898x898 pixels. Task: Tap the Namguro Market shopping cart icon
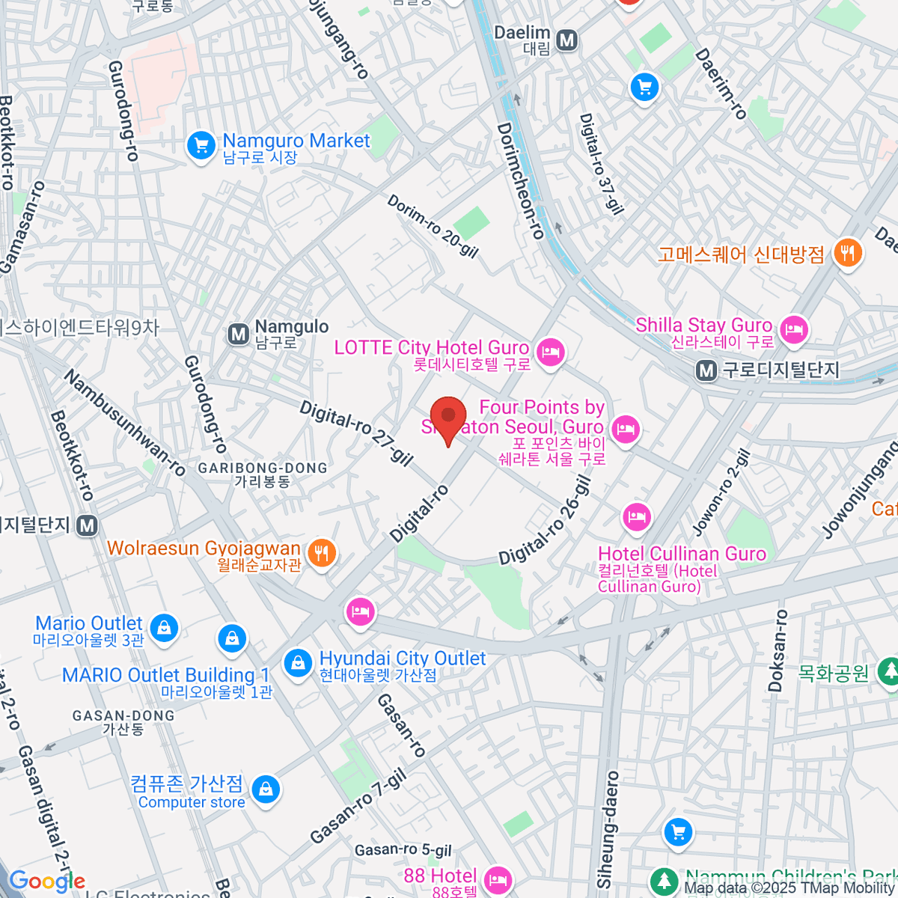[201, 144]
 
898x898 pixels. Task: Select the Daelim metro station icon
[567, 40]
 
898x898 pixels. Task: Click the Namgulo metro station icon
[239, 334]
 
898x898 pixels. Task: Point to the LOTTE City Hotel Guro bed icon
[551, 352]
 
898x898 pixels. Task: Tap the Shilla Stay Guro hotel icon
[793, 329]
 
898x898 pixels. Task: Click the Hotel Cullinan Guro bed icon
[636, 516]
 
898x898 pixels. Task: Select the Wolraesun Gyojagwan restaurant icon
[322, 554]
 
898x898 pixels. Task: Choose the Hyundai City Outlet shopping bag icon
[298, 662]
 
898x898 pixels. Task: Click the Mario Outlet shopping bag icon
[164, 627]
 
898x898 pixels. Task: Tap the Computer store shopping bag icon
[266, 789]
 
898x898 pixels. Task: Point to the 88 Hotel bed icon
[498, 879]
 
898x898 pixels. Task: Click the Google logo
[46, 882]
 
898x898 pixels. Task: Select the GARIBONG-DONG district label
[263, 468]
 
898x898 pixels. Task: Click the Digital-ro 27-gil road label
[356, 433]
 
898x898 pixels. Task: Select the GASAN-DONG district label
[123, 716]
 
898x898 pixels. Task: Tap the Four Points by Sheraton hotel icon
[624, 429]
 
